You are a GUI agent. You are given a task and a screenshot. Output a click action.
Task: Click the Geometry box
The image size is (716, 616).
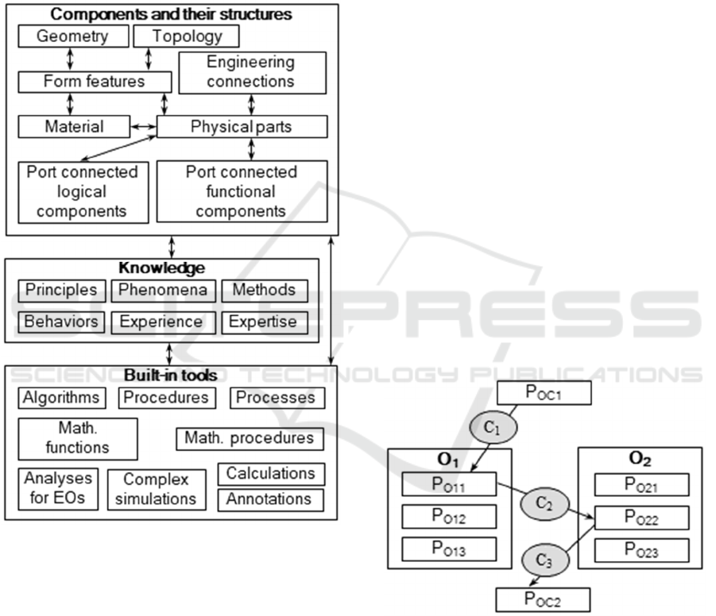pos(72,37)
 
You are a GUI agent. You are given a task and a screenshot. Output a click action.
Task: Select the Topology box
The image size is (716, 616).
pos(187,37)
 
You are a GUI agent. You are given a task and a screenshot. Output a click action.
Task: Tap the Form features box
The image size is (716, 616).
pos(95,81)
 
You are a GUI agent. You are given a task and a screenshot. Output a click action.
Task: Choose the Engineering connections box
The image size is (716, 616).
pos(252,72)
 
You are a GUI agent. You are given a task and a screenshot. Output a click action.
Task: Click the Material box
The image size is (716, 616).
pos(72,126)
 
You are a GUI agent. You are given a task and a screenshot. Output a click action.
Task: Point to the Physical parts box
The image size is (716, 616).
pos(242,126)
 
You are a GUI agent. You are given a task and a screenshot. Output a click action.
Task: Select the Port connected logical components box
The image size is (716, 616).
pos(82,191)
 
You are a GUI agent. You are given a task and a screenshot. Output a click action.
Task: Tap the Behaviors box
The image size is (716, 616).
pos(61,321)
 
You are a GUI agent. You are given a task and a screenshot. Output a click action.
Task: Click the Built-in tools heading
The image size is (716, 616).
pos(171,375)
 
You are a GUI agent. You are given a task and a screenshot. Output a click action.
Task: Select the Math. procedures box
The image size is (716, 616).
pos(250,438)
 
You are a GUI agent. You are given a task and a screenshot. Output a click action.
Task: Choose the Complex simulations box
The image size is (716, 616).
pos(156,489)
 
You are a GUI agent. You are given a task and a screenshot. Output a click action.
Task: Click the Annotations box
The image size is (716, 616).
pos(270,499)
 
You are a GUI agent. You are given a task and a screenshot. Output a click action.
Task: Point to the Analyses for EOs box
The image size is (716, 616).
pos(58,489)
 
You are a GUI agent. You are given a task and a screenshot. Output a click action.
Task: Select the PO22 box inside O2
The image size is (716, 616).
pos(641,518)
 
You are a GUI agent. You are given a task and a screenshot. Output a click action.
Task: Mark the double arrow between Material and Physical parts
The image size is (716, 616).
pos(142,126)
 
